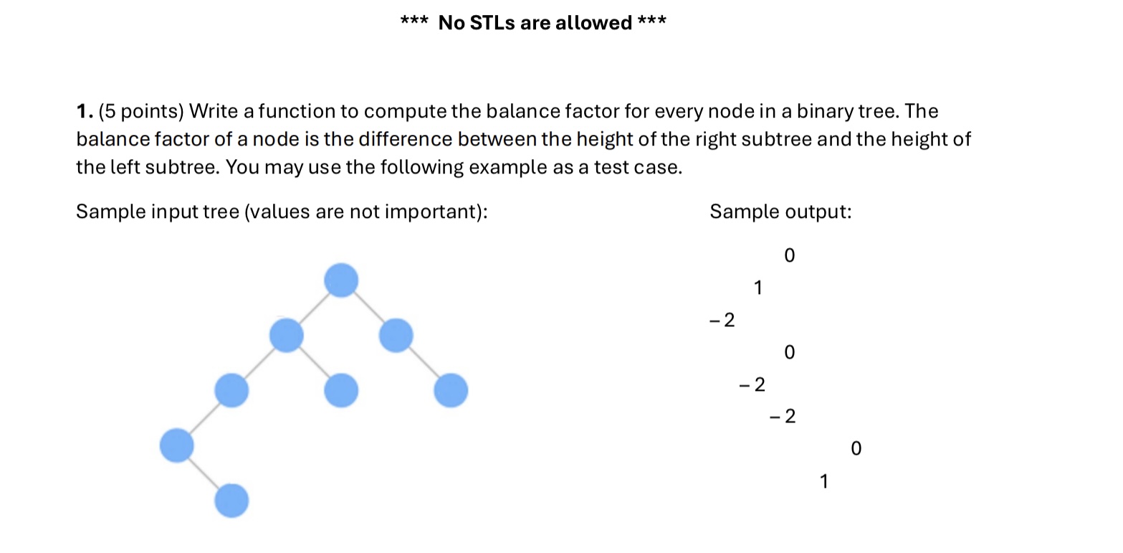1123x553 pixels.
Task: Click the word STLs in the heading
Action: (x=492, y=22)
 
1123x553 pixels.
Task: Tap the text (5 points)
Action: (x=141, y=111)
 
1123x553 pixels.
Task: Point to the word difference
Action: (x=405, y=139)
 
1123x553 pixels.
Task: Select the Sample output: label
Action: (x=780, y=212)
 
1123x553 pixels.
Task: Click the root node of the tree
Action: (x=341, y=280)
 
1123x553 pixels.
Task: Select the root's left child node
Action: (x=286, y=335)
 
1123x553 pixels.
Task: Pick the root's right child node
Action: (x=396, y=335)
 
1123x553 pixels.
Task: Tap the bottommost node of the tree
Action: (x=231, y=501)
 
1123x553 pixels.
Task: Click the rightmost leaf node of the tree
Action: (x=451, y=390)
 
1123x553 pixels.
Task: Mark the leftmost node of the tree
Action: (x=177, y=445)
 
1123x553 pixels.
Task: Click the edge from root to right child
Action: (x=368, y=308)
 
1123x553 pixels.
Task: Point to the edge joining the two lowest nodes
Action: (x=204, y=473)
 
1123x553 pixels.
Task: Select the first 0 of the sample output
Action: (x=790, y=256)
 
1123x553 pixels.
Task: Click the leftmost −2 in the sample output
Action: (x=722, y=320)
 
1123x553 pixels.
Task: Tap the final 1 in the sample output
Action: (x=823, y=481)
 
